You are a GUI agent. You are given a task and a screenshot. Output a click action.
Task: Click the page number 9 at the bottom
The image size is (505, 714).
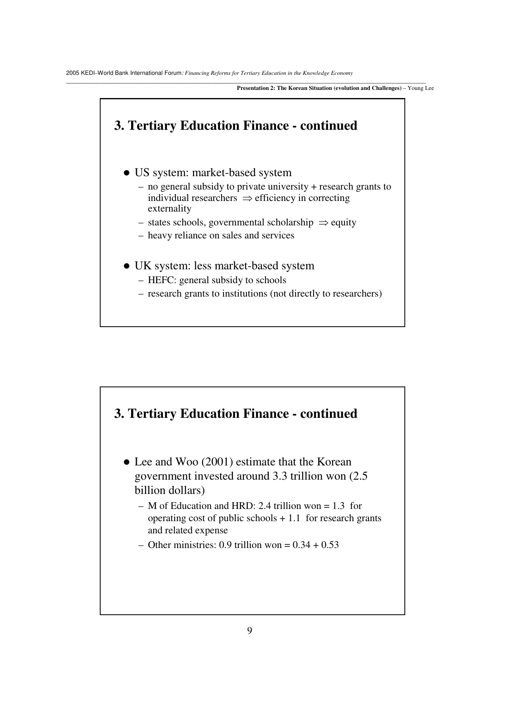point(250,631)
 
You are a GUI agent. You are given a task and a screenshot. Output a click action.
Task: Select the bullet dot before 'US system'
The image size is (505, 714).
point(127,173)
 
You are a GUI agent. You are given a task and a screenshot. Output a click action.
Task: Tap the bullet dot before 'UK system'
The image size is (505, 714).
point(127,266)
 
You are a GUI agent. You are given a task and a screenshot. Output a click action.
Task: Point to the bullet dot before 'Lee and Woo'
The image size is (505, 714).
point(127,462)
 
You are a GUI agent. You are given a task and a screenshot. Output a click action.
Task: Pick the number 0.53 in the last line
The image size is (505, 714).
point(330,545)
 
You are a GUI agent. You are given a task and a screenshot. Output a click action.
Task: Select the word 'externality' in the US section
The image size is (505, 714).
point(169,209)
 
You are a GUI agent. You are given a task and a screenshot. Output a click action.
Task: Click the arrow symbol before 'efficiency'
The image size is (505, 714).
point(247,198)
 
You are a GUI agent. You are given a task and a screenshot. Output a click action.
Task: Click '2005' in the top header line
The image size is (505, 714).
point(72,73)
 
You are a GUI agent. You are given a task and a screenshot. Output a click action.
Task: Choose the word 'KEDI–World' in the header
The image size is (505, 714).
point(95,73)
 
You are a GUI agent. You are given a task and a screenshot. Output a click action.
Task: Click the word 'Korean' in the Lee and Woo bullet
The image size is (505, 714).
point(334,462)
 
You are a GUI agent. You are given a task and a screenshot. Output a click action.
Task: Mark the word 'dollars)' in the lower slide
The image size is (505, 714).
point(187,491)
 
